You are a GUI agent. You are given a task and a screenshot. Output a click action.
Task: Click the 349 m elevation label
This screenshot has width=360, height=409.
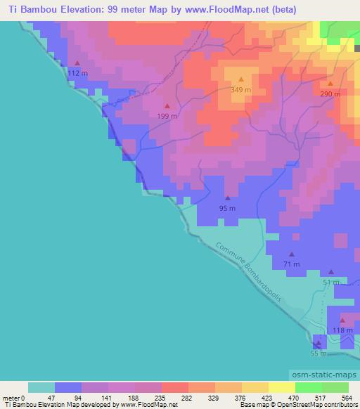[241, 90]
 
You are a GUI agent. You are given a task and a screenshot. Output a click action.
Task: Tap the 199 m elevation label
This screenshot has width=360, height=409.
[167, 116]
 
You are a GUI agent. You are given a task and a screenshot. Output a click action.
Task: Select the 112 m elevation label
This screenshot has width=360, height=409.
[77, 73]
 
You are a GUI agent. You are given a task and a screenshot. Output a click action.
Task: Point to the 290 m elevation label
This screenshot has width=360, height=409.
[330, 94]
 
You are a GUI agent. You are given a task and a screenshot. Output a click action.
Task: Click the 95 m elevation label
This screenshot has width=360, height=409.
[227, 209]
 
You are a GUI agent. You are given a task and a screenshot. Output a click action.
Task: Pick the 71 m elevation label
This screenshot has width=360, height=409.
[291, 264]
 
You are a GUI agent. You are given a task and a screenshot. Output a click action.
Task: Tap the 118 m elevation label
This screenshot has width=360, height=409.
[342, 330]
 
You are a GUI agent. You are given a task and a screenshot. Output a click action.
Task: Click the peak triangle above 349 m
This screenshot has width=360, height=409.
[241, 79]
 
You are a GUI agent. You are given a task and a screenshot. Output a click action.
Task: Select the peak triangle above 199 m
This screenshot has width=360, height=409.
[167, 106]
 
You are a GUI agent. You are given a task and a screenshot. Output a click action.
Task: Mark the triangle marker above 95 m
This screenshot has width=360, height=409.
[227, 198]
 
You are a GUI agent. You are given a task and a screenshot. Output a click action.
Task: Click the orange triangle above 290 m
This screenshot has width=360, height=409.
[330, 84]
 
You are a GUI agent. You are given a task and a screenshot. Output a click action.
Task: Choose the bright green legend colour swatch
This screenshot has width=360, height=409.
[308, 387]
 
